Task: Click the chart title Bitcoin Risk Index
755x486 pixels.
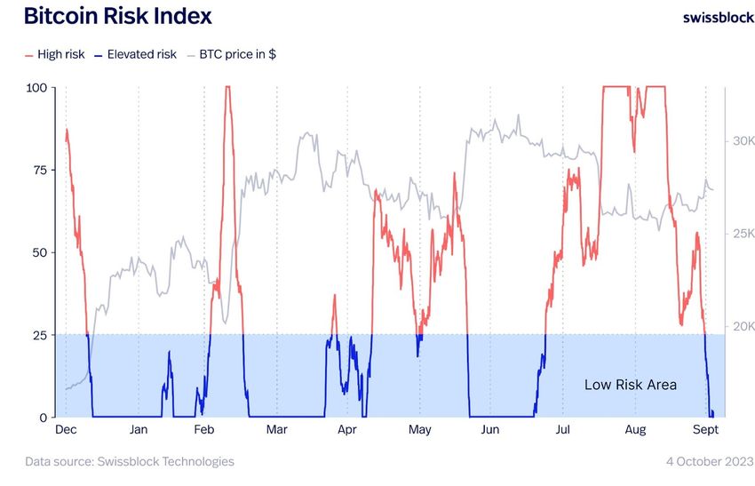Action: click(x=117, y=16)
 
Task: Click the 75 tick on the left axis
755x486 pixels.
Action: click(x=40, y=170)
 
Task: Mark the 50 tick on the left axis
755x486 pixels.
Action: click(x=40, y=252)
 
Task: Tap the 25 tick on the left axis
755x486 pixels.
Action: click(x=40, y=335)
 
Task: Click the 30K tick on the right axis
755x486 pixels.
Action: click(x=743, y=141)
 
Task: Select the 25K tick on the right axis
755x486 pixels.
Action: click(x=743, y=234)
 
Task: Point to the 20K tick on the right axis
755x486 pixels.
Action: click(x=743, y=326)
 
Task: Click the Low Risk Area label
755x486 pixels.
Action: click(x=630, y=385)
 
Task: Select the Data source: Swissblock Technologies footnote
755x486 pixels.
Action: click(x=130, y=461)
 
